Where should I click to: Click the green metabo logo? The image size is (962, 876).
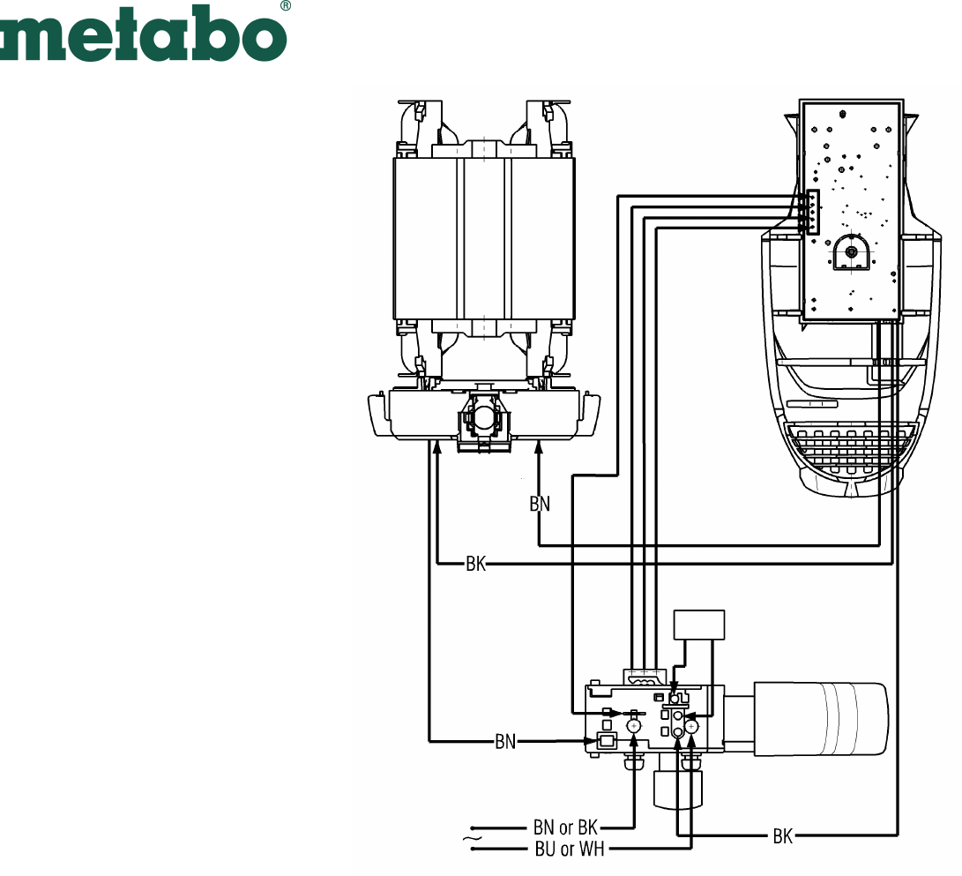point(142,34)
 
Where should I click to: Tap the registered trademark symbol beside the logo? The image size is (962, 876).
point(286,5)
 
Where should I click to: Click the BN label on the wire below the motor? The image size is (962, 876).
point(540,504)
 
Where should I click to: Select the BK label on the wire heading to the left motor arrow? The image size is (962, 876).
point(475,564)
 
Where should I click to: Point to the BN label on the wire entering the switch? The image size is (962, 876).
point(505,742)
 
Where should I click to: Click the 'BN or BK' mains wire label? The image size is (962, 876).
point(565,827)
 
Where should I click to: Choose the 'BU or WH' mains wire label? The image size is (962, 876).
point(570,849)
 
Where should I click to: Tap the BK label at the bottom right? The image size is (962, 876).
point(783,836)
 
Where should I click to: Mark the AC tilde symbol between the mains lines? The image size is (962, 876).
point(472,838)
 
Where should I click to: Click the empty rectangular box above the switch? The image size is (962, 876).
point(699,625)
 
